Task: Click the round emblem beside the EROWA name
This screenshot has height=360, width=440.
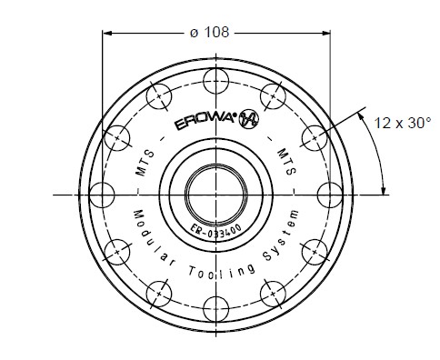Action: click(x=245, y=127)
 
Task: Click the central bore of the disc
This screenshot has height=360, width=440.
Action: click(x=215, y=194)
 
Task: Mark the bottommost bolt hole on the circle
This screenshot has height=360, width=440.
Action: click(x=215, y=307)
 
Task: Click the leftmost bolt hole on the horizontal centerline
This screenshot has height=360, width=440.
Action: click(x=101, y=194)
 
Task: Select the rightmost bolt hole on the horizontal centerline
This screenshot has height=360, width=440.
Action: click(x=328, y=194)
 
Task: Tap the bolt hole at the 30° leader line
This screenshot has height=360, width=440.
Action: click(x=314, y=136)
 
